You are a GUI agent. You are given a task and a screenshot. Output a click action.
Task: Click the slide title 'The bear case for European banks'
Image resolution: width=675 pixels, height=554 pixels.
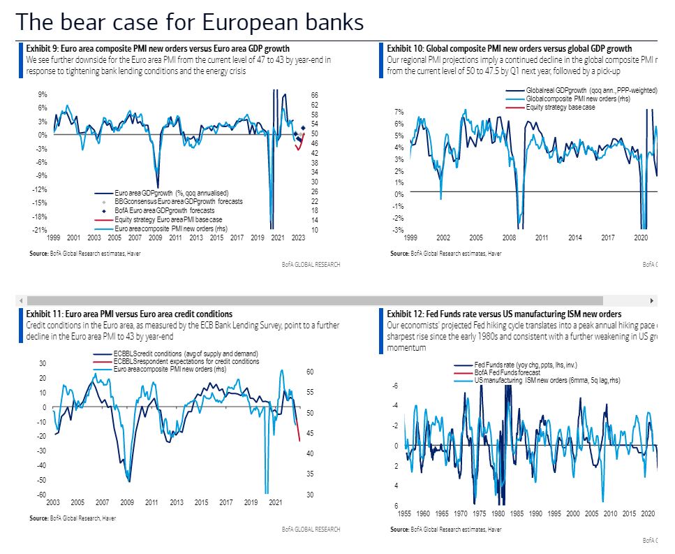[189, 22]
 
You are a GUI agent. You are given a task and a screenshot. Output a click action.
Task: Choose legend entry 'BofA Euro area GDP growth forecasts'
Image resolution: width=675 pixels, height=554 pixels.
[165, 210]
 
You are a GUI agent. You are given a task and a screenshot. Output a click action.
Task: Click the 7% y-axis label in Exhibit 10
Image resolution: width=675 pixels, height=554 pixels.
[399, 112]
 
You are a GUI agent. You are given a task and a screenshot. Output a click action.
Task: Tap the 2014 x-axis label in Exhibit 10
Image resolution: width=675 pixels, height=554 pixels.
[574, 238]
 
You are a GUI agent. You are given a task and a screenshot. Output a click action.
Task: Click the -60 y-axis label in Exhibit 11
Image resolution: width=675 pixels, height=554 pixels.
[42, 495]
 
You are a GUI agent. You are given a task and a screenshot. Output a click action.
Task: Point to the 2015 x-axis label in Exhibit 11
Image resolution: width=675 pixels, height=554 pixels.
[201, 502]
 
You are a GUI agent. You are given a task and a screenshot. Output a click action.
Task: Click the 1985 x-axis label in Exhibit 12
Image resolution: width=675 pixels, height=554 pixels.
[517, 513]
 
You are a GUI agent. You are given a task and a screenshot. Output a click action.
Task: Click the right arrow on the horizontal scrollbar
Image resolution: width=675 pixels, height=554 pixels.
[652, 300]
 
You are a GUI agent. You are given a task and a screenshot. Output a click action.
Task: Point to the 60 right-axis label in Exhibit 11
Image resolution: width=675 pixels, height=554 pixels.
[311, 372]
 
